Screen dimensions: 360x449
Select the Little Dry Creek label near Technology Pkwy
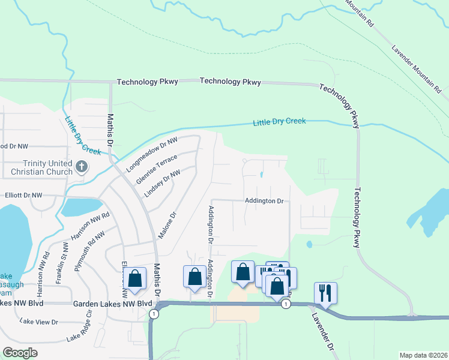tap(279, 122)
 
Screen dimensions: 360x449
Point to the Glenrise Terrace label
tap(157, 170)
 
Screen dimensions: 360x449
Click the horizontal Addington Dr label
tap(264, 201)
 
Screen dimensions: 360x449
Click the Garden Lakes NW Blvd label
tap(113, 304)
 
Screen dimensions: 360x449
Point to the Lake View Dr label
tap(38, 322)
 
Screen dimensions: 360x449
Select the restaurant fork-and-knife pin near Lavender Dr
tap(325, 293)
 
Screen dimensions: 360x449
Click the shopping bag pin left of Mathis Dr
tap(134, 279)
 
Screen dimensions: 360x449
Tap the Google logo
tap(20, 352)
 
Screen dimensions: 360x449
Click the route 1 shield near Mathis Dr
tap(155, 314)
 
